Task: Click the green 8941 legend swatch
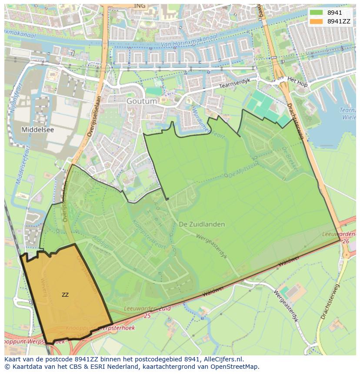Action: pos(316,13)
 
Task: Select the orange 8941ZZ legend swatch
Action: pos(316,21)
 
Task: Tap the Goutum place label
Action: pos(142,101)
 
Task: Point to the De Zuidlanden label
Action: pos(202,224)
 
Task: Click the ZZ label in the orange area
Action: pos(65,295)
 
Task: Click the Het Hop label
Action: pos(297,82)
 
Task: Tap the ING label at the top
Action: pos(140,6)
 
